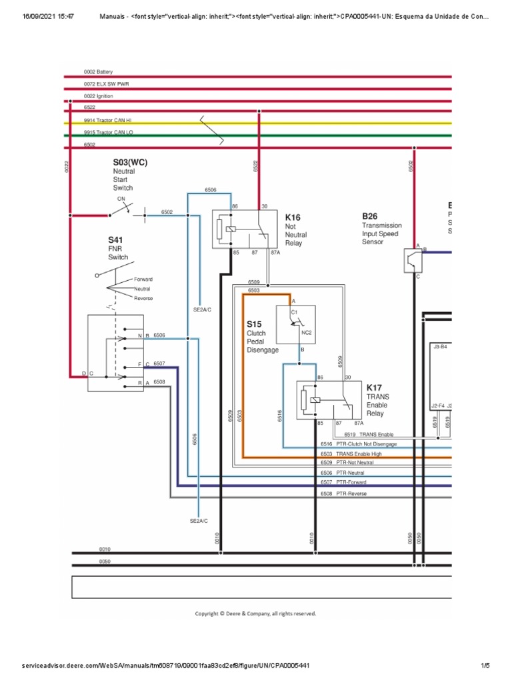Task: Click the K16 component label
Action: coord(293,217)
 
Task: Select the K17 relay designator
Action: coord(374,388)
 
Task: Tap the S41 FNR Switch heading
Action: coord(117,239)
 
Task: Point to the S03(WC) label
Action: coord(130,161)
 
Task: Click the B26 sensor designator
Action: coord(370,217)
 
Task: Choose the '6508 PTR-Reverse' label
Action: coord(343,494)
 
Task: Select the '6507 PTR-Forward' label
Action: coord(343,482)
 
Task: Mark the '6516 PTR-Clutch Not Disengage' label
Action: coord(358,444)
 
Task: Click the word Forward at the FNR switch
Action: coord(143,279)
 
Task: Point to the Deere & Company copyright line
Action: coord(255,613)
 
